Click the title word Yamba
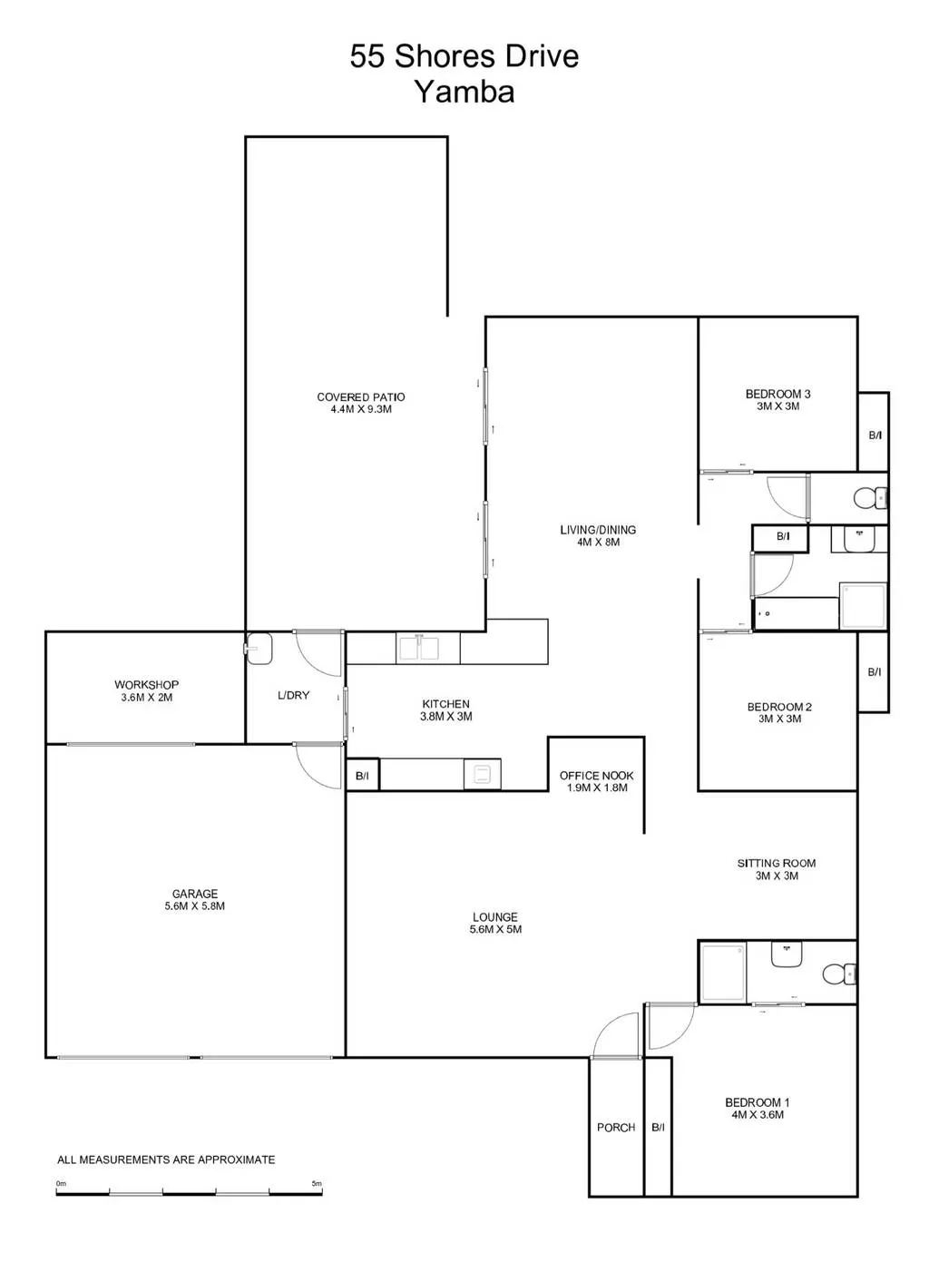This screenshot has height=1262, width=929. [464, 92]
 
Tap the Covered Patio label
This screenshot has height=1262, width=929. [360, 403]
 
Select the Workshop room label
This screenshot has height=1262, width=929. [146, 690]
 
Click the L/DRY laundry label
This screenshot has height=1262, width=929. [294, 695]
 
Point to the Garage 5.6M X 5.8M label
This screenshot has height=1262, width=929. [195, 900]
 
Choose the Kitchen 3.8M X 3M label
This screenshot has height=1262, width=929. [445, 709]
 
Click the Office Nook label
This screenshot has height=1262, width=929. [597, 781]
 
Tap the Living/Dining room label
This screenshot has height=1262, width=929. [598, 536]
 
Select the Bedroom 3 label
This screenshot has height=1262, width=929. [778, 400]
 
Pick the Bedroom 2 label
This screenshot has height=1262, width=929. [779, 712]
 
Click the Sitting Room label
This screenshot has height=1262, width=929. [777, 869]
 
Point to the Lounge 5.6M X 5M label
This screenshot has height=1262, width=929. [495, 923]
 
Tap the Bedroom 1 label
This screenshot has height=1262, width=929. [758, 1108]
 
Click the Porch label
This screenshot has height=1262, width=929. [616, 1128]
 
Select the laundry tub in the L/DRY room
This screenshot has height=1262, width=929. [259, 649]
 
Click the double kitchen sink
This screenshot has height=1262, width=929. [418, 649]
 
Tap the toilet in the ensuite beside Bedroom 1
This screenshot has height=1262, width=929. [839, 973]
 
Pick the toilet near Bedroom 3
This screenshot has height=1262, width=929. [870, 498]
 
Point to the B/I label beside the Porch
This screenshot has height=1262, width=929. [658, 1128]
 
